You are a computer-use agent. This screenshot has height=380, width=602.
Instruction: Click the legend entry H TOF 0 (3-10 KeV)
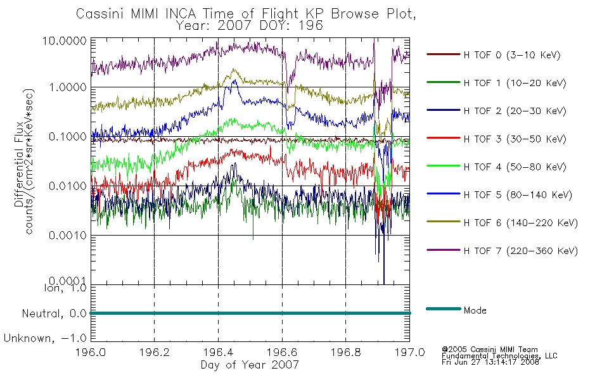point(494,55)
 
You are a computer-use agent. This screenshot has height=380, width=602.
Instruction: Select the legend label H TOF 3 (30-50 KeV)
point(496,139)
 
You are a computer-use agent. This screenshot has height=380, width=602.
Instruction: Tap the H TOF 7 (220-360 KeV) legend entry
point(502,251)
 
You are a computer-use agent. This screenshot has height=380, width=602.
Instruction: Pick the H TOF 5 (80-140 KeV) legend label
point(499,195)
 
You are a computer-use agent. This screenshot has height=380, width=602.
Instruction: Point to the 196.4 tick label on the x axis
point(218,352)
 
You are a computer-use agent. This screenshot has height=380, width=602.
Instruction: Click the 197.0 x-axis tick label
point(409,352)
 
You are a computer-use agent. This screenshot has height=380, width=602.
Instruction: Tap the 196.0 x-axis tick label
point(91,352)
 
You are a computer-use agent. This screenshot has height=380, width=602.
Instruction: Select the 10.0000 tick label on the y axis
point(65,41)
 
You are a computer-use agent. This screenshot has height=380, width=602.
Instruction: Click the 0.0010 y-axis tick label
point(68,236)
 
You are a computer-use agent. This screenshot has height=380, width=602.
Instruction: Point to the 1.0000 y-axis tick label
point(68,87)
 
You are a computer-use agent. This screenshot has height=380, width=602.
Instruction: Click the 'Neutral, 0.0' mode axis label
point(54,314)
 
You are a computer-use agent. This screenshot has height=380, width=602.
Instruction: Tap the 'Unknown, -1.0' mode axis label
point(45,339)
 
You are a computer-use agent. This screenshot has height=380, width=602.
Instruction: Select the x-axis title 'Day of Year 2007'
point(250,365)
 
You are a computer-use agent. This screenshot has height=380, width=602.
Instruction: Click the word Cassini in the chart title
point(100,14)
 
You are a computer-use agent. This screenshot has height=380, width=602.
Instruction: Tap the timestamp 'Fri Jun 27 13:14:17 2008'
point(490,362)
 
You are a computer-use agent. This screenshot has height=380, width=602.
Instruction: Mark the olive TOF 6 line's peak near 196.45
point(234,70)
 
